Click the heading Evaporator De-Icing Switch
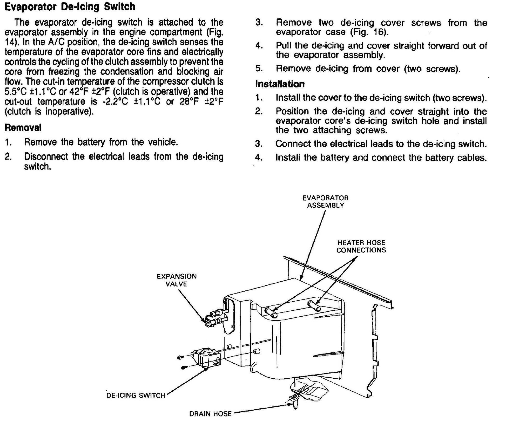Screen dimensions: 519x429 [x=70, y=6]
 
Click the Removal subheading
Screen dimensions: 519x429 [x=23, y=127]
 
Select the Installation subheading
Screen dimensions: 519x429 [x=280, y=84]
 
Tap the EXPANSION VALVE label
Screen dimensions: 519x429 [x=177, y=280]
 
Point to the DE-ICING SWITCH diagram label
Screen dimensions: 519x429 [x=136, y=396]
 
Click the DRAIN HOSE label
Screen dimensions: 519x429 [x=210, y=414]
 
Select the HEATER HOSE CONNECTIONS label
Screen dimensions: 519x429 [x=361, y=246]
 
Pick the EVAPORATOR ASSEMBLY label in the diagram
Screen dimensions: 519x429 [x=325, y=201]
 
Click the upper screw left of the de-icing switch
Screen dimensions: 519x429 [x=180, y=358]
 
